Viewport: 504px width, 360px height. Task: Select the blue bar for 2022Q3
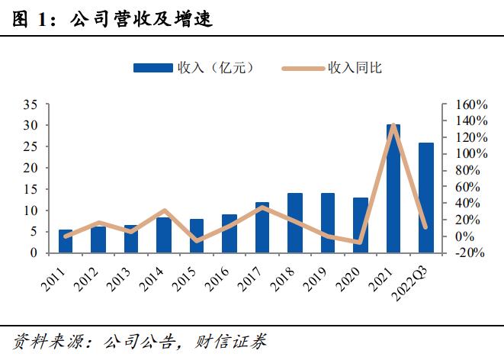tap(425, 198)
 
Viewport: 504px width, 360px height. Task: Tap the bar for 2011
tap(66, 241)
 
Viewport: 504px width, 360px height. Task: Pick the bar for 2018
tap(295, 223)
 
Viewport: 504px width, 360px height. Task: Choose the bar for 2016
tap(230, 233)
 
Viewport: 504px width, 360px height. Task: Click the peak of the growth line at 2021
tap(393, 125)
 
